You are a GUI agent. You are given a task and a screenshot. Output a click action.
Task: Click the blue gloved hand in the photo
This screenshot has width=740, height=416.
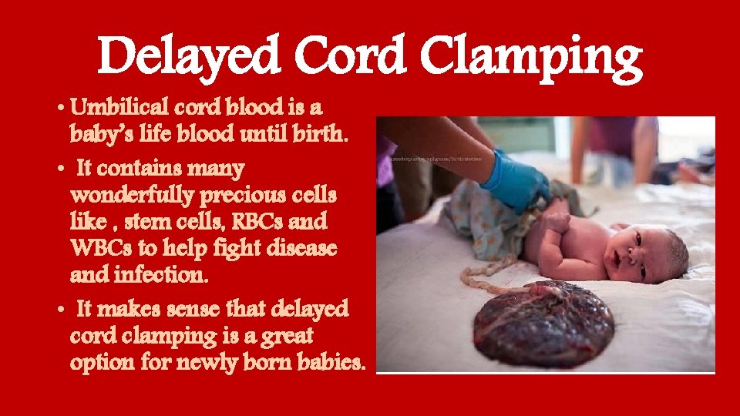pos(514,183)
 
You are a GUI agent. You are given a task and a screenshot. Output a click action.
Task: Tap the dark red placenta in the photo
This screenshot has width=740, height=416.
pos(543,322)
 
